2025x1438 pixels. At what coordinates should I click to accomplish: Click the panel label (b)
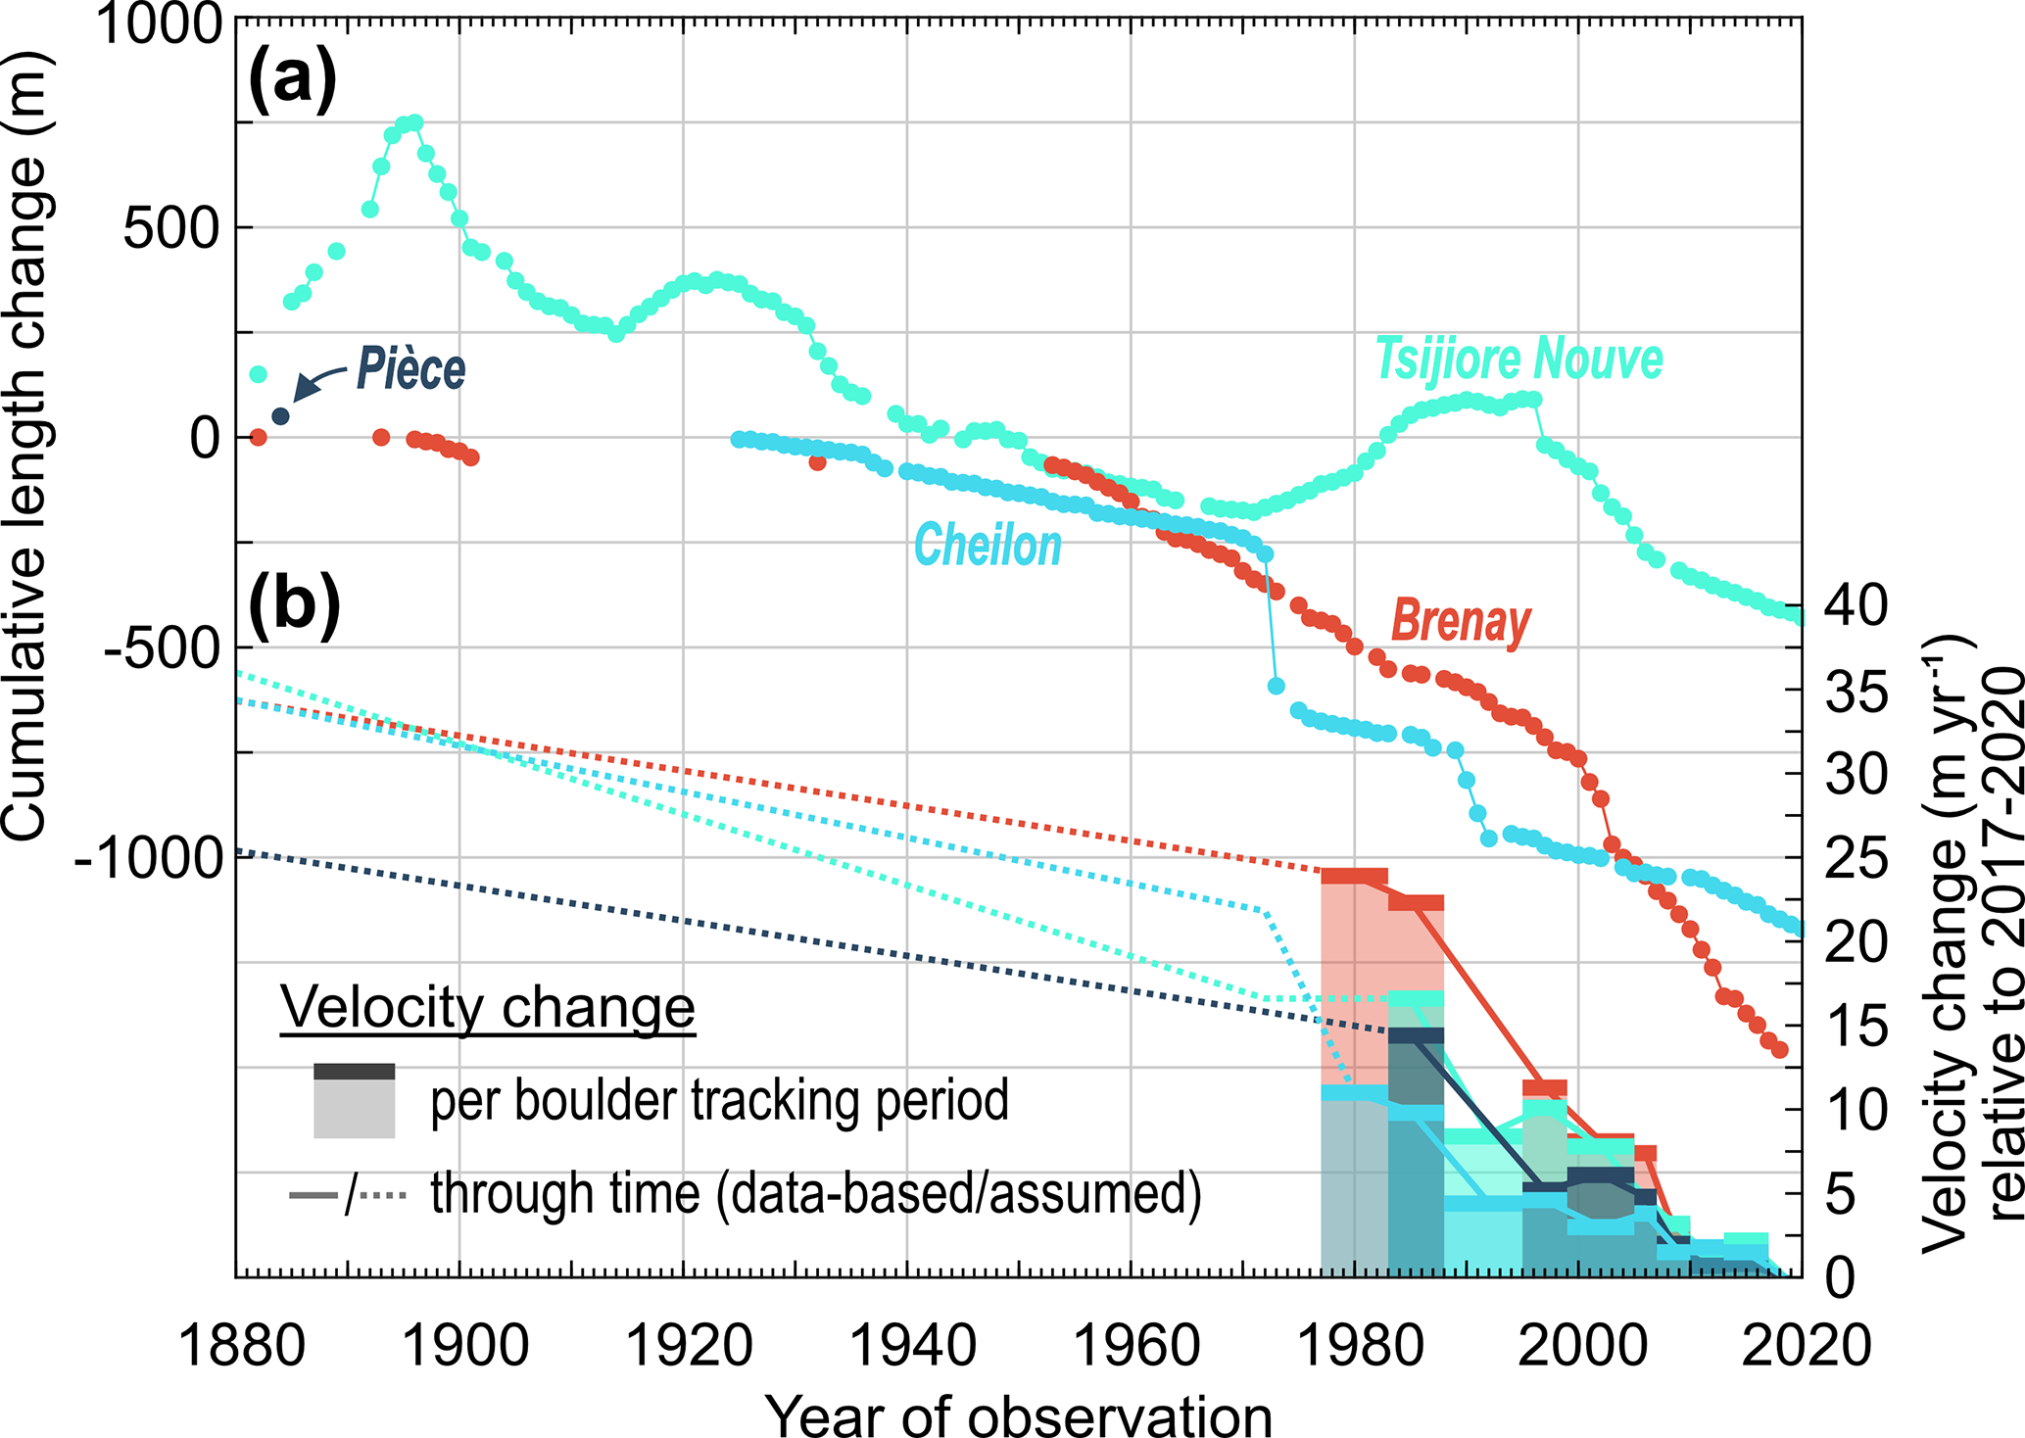(294, 605)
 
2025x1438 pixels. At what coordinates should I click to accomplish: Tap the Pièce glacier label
(410, 369)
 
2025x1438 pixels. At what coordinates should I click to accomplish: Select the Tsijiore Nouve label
(1519, 359)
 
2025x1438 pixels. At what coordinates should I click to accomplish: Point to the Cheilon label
(988, 546)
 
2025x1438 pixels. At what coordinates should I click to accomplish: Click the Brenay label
(1461, 621)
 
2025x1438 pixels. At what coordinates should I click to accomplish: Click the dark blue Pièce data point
(280, 416)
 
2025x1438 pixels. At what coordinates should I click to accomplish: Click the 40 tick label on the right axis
(1854, 606)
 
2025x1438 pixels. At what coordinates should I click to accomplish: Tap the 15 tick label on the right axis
(1854, 1026)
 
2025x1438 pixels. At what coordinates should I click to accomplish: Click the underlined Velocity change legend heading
(488, 1006)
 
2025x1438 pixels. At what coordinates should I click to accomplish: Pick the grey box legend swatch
(354, 1101)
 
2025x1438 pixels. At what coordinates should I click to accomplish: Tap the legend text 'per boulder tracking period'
(719, 1100)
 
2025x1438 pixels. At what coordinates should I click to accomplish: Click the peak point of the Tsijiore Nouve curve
(414, 122)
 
